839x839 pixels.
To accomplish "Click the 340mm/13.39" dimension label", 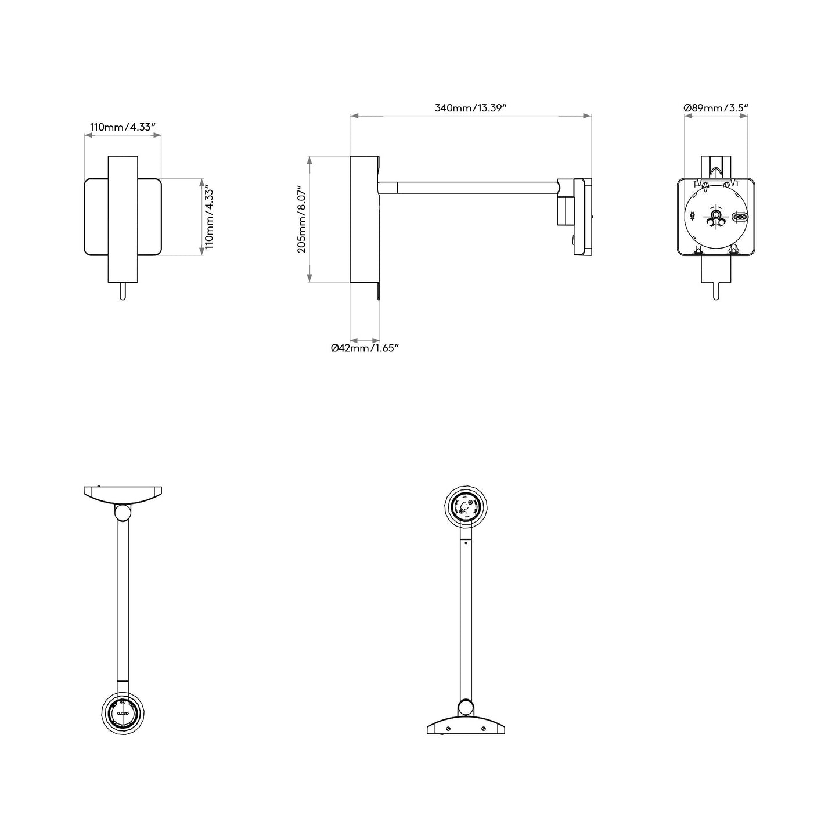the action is click(471, 108).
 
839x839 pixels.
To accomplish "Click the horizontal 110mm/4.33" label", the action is click(123, 127).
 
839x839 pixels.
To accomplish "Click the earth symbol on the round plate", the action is click(692, 215).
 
